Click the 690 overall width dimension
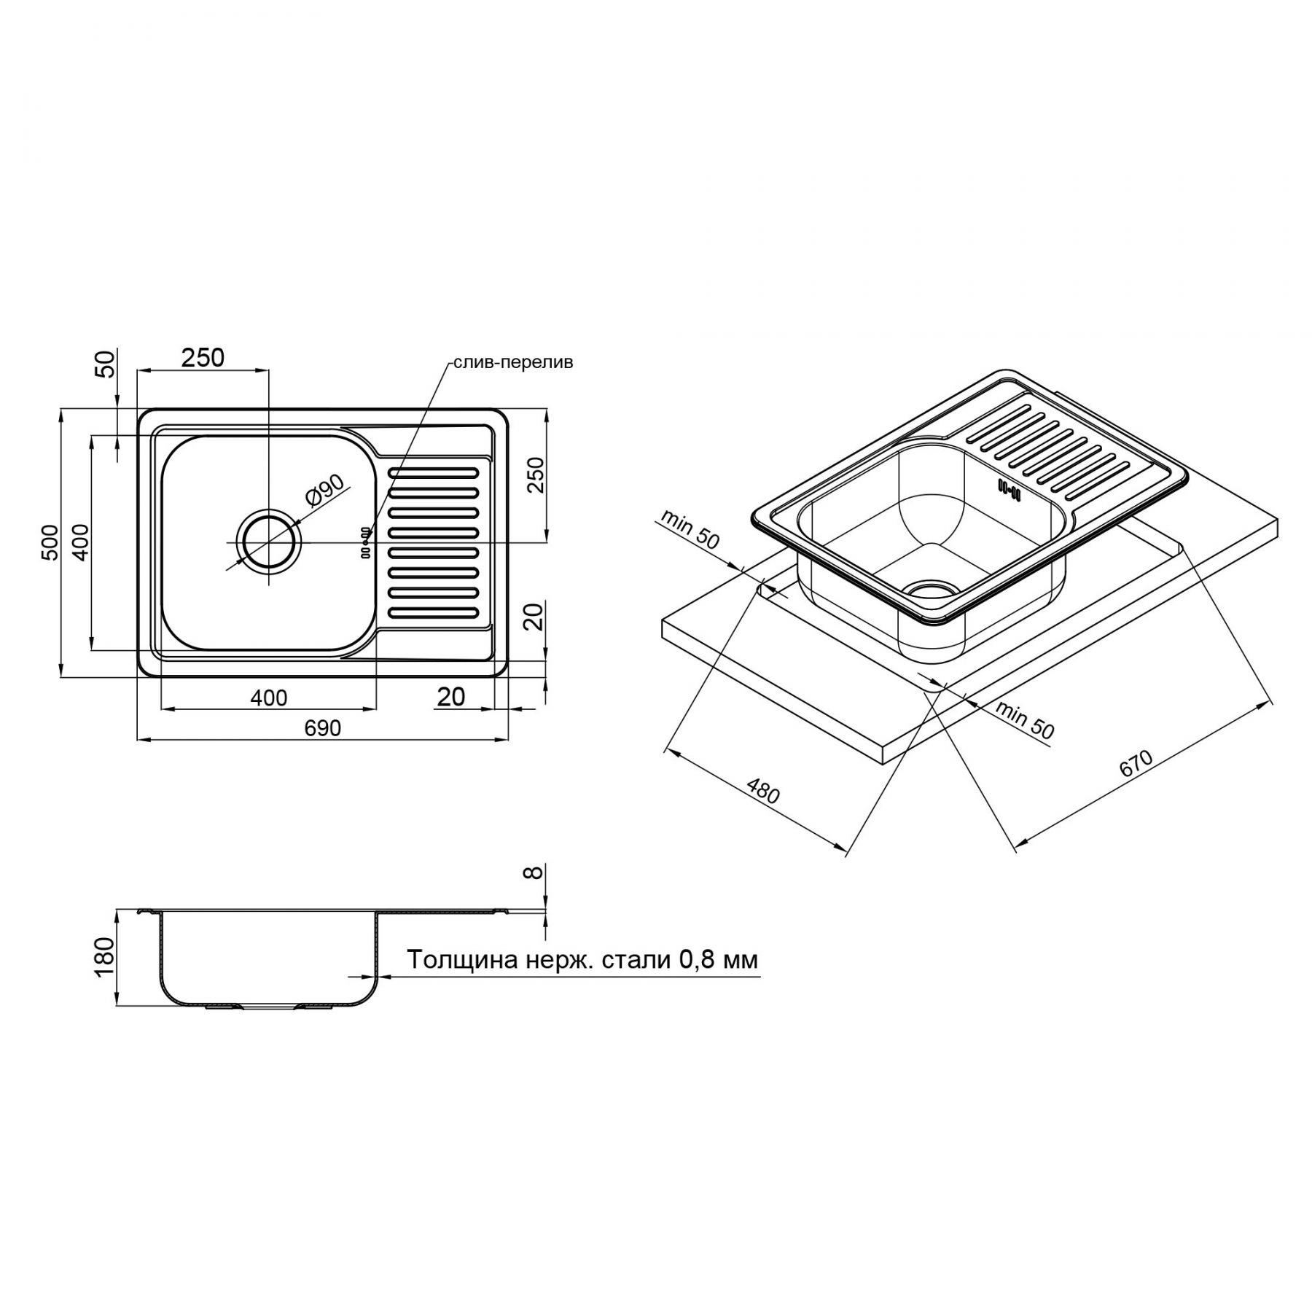coord(322,728)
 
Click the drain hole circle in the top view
coord(269,543)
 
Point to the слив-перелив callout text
coord(513,363)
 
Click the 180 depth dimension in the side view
coord(105,957)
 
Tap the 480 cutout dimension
coord(763,791)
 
